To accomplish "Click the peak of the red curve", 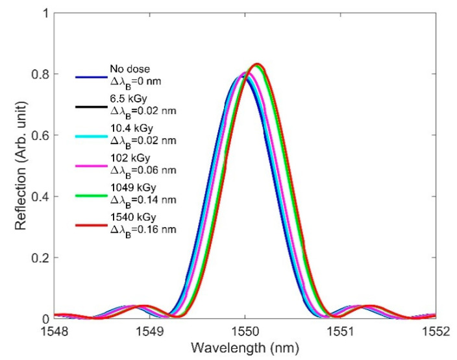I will click(258, 64).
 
